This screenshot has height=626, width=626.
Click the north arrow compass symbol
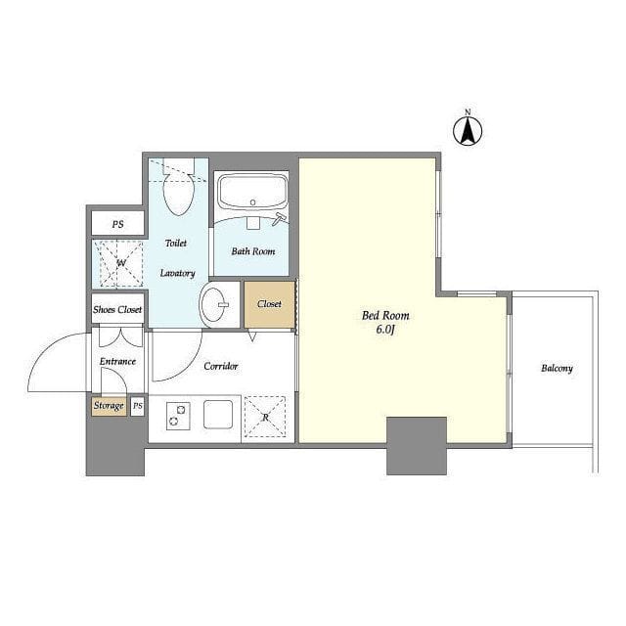(468, 129)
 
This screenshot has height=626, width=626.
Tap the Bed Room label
(385, 316)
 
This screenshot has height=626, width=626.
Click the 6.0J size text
(385, 330)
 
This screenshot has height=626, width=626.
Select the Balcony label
(557, 368)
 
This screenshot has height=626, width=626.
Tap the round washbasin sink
(213, 305)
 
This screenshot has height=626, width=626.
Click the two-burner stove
(178, 416)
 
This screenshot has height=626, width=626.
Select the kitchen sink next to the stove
(218, 415)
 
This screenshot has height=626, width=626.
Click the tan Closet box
(270, 304)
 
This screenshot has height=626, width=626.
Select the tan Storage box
(109, 407)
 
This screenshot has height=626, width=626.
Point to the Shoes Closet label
(117, 309)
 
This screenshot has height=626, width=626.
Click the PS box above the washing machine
(117, 224)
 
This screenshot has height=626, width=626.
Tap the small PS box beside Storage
(137, 407)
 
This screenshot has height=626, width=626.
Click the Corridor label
(221, 366)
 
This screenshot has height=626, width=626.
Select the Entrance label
(117, 361)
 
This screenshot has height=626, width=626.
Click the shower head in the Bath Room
(279, 219)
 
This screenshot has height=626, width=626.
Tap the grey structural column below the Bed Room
(417, 446)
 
